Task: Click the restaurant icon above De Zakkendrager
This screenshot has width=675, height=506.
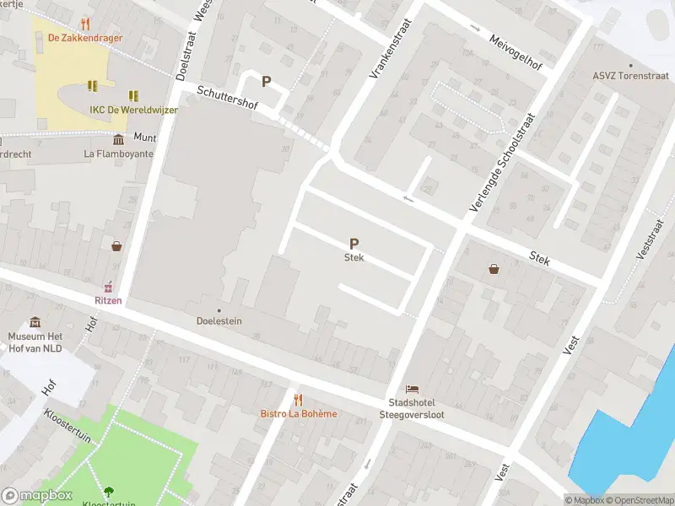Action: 84,23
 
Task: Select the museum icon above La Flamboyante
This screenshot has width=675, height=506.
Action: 117,138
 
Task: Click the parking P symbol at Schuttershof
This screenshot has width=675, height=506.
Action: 266,82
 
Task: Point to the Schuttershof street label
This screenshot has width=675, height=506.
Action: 226,100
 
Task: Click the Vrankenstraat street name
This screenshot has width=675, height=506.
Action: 389,50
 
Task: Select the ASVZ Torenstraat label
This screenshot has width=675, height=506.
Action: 629,75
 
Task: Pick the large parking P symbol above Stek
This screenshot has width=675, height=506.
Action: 354,243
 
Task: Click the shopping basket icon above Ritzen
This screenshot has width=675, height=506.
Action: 116,245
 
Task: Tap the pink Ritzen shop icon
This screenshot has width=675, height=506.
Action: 108,287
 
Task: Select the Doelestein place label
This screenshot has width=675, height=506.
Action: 219,321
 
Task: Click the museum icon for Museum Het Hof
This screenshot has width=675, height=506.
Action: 35,322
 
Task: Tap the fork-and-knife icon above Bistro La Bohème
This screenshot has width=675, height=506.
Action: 297,399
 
